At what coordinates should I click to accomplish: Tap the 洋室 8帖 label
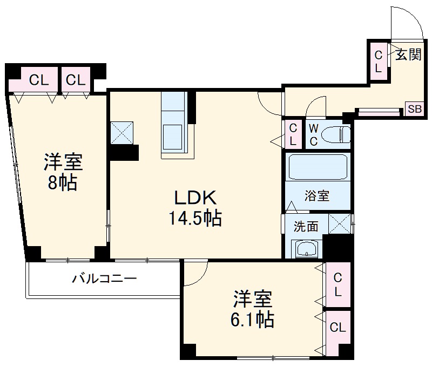pos(63,172)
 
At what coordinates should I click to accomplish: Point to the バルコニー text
pos(105,279)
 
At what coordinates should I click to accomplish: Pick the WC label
pos(313,134)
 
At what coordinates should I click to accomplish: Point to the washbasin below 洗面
pos(307,249)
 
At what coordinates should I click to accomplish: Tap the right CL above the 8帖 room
pos(76,80)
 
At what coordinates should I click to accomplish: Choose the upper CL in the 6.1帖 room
pos(337,284)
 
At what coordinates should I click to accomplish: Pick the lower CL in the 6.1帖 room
pos(338,328)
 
